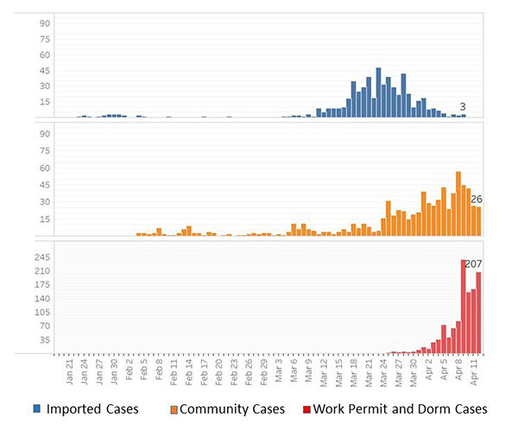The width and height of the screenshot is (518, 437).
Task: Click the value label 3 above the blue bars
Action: click(x=463, y=107)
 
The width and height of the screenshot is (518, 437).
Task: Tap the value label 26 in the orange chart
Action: click(x=476, y=199)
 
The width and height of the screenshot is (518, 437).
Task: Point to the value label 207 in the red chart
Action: click(x=473, y=263)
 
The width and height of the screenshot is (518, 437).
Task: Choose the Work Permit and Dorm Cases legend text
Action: click(x=400, y=408)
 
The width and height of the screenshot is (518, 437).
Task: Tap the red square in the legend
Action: click(x=304, y=408)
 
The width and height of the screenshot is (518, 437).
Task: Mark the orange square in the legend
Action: click(x=174, y=408)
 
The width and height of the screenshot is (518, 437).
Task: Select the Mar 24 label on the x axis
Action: click(x=384, y=373)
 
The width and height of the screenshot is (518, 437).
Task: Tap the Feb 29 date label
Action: click(x=264, y=373)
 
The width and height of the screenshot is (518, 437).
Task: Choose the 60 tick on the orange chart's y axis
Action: click(x=44, y=168)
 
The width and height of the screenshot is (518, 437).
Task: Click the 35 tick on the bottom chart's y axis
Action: click(x=44, y=340)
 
